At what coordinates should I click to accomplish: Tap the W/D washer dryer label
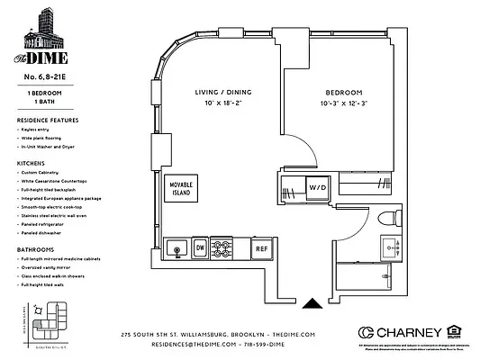coord(318,188)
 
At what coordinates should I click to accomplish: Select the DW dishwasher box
coord(201,245)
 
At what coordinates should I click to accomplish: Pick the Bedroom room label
coord(344,93)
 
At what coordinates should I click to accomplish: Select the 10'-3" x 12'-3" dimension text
coord(344,104)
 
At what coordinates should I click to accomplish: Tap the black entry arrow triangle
coord(312,304)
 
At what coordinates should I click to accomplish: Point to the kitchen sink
coord(177,245)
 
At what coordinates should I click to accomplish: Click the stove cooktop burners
coord(228,245)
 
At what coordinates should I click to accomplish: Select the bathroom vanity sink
coord(389,245)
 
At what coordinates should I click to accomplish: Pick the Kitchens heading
coord(32,162)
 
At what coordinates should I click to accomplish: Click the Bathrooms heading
coord(35,248)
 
